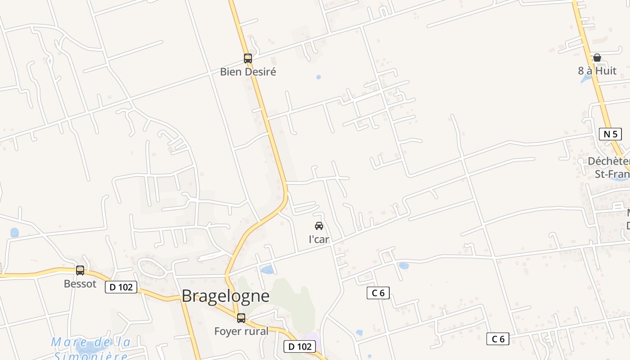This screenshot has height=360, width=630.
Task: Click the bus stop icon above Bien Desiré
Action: [247, 58]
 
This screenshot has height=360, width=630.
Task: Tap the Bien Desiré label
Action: [247, 72]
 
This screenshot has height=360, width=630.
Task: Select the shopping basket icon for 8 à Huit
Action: [597, 58]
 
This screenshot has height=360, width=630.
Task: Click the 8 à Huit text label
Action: [597, 71]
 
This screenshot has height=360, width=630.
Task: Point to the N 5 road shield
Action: [610, 134]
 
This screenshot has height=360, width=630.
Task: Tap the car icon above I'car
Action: [319, 226]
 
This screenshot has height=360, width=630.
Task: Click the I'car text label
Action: [319, 239]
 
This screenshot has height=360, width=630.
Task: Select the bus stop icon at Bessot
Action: [80, 270]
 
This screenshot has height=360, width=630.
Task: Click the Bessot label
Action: [80, 284]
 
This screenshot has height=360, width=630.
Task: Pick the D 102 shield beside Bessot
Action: [121, 287]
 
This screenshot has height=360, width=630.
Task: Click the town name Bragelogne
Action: [225, 296]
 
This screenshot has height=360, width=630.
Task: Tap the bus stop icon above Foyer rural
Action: [241, 318]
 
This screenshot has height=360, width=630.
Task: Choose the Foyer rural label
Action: [241, 331]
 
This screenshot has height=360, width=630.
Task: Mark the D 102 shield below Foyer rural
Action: [299, 346]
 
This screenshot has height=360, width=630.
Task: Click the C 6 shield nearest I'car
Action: [378, 293]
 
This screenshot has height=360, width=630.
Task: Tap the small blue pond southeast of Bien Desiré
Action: [319, 77]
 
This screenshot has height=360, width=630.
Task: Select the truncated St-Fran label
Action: [612, 174]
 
